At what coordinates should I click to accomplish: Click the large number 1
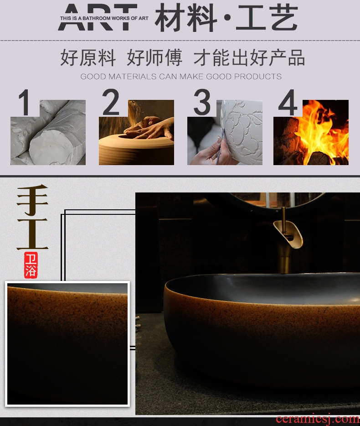[25, 103]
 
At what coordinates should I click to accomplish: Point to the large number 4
[288, 103]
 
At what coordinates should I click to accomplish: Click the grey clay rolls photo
[48, 132]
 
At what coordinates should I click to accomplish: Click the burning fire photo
[311, 132]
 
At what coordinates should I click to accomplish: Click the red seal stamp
[31, 265]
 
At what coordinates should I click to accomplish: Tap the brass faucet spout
[288, 233]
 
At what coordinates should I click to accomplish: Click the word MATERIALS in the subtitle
[133, 77]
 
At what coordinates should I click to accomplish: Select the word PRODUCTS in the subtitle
[257, 77]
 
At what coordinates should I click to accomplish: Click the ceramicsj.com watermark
[318, 420]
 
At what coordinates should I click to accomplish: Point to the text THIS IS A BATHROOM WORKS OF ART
[104, 18]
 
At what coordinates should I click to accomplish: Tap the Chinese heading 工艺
[267, 18]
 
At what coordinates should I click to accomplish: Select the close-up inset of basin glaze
[67, 344]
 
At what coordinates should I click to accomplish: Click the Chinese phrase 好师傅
[154, 58]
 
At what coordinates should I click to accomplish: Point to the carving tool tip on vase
[224, 130]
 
